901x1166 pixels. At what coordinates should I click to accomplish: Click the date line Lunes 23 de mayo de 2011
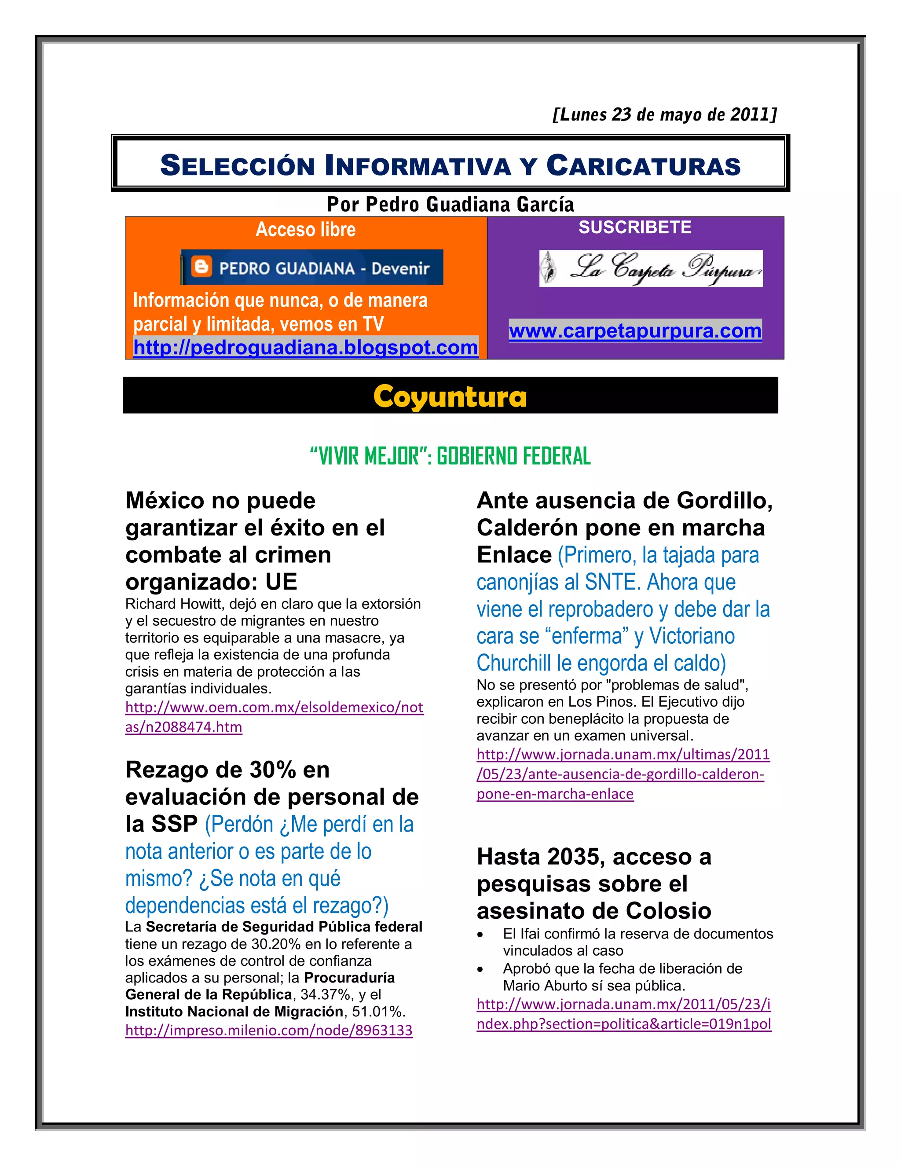tap(665, 114)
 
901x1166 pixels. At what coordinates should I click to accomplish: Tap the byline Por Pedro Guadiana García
tap(450, 205)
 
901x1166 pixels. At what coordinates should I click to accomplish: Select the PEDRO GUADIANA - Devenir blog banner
tap(312, 268)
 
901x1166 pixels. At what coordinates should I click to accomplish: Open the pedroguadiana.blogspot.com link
tap(305, 348)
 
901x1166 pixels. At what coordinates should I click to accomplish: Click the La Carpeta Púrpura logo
tap(651, 268)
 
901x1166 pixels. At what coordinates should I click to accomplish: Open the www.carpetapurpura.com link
tap(635, 331)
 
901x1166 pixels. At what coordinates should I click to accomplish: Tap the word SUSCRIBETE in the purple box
tap(635, 227)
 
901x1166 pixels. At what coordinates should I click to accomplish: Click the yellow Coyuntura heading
tap(450, 397)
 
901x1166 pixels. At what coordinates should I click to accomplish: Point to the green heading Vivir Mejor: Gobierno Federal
tap(450, 456)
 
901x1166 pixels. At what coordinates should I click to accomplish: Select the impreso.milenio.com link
tap(268, 1030)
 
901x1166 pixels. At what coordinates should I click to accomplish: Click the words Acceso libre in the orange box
tap(305, 230)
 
